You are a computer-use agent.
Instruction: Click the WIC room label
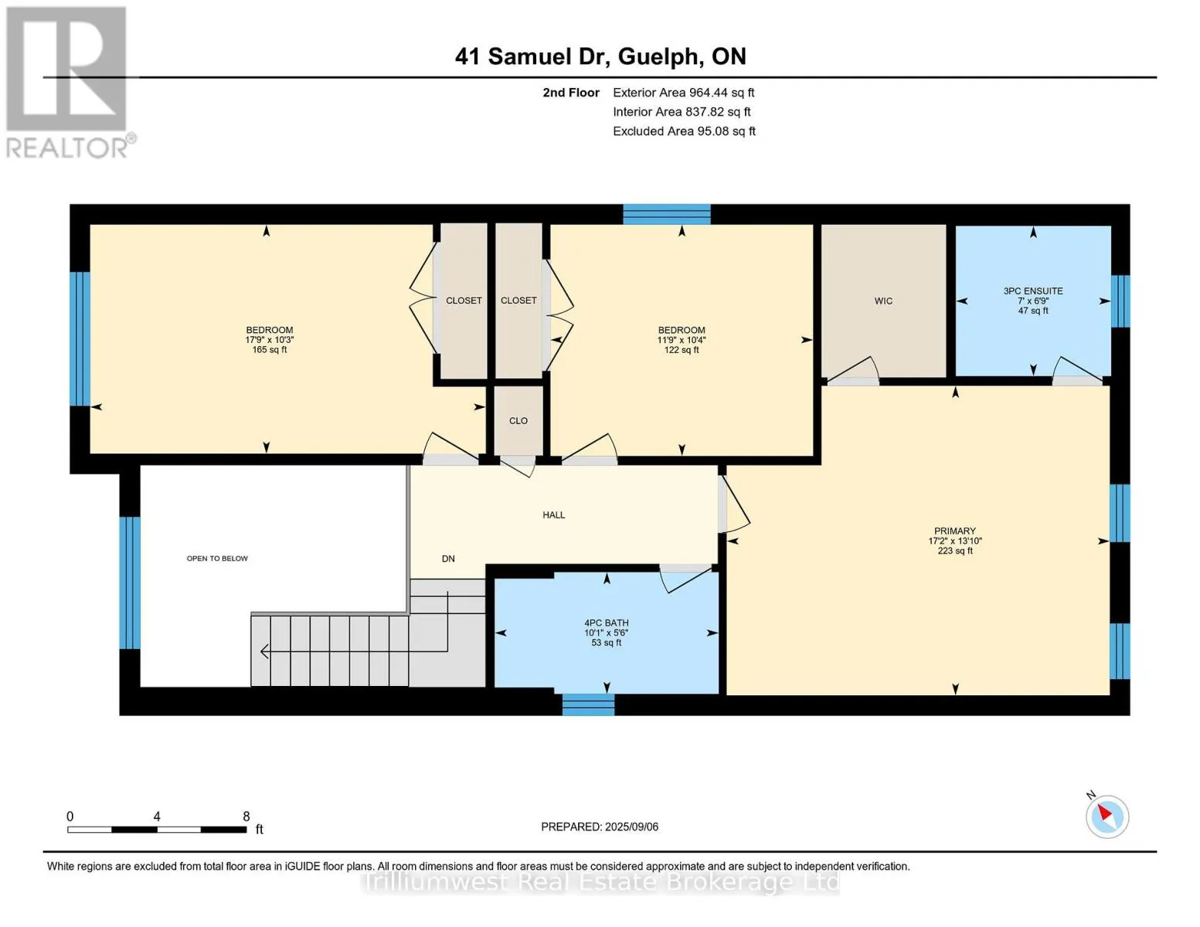click(x=883, y=301)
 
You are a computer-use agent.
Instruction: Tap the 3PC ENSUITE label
click(x=1032, y=291)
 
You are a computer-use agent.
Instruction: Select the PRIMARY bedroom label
click(x=955, y=531)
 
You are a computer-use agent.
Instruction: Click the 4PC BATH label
click(x=607, y=623)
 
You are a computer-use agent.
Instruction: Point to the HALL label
click(x=553, y=515)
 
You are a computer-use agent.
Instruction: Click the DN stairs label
click(x=448, y=559)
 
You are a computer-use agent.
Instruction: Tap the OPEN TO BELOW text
click(x=217, y=559)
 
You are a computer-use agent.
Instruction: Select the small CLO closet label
click(x=518, y=421)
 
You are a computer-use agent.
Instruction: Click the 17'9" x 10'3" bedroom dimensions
click(x=270, y=340)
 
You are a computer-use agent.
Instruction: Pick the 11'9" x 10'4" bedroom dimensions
click(x=682, y=340)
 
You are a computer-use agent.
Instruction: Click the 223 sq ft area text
click(x=955, y=551)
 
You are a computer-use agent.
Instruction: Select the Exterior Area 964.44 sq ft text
click(x=683, y=93)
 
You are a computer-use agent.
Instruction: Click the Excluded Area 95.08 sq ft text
click(x=684, y=131)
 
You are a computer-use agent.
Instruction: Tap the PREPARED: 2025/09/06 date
click(x=599, y=827)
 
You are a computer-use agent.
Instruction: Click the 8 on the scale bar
click(x=246, y=816)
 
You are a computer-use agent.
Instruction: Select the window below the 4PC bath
click(x=588, y=705)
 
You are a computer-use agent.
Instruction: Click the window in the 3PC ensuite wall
click(x=1120, y=301)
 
